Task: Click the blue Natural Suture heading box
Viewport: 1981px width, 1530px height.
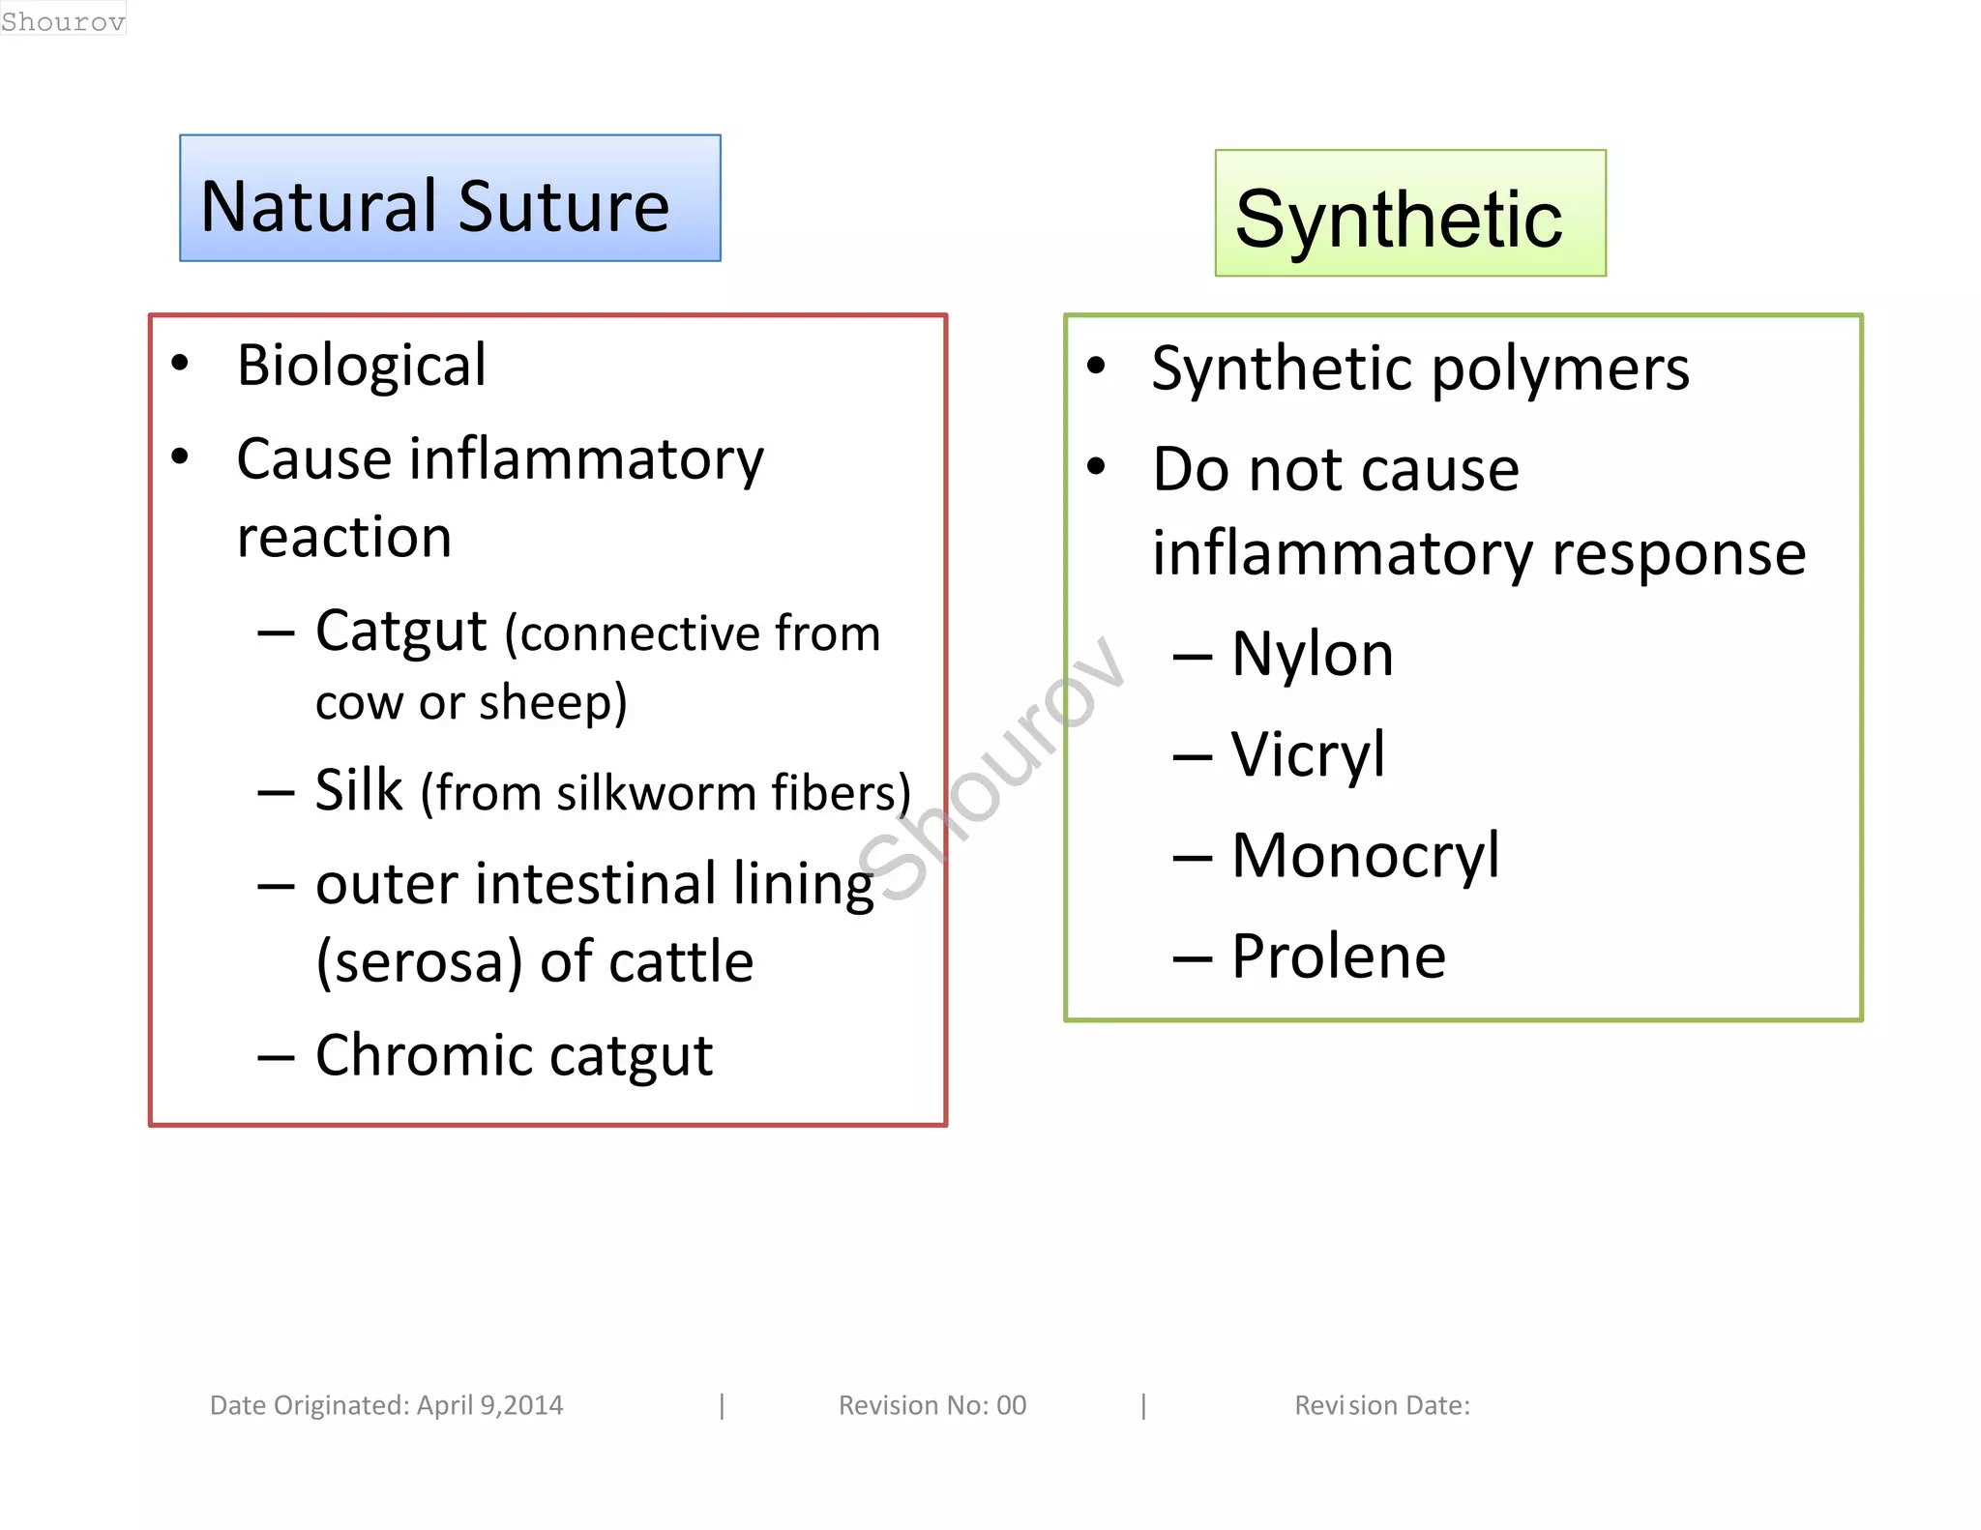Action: (x=450, y=198)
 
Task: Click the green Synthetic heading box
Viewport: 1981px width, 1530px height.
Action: (x=1409, y=214)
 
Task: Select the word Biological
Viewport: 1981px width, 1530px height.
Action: (x=361, y=366)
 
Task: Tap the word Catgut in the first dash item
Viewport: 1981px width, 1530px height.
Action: (x=400, y=633)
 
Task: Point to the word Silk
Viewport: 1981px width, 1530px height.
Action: (x=358, y=790)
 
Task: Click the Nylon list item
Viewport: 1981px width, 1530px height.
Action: (x=1311, y=655)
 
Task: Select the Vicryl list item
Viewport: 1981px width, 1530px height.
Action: (x=1307, y=755)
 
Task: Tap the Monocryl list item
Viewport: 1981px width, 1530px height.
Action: (x=1364, y=856)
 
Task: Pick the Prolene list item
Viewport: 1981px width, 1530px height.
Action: (x=1338, y=956)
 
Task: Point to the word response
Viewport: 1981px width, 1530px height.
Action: (x=1678, y=554)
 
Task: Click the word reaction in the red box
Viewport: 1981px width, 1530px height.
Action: (x=344, y=538)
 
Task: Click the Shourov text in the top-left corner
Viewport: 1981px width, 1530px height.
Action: (x=63, y=20)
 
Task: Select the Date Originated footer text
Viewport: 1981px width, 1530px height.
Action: (x=386, y=1405)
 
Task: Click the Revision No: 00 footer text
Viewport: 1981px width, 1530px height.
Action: (x=931, y=1405)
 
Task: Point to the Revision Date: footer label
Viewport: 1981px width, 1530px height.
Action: (x=1381, y=1405)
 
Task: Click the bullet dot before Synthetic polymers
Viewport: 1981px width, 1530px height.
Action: (x=1095, y=367)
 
